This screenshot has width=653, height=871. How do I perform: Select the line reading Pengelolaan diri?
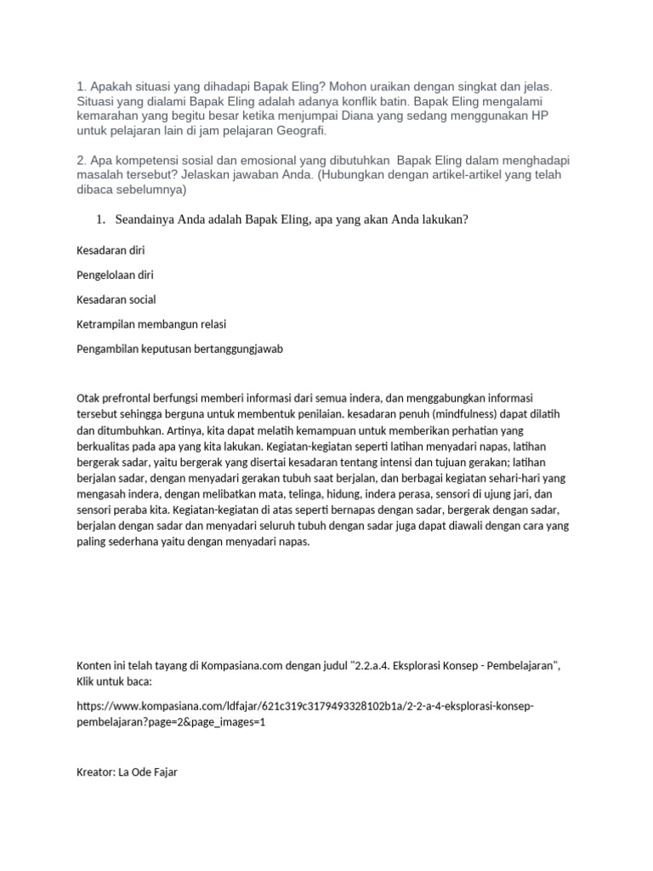[115, 275]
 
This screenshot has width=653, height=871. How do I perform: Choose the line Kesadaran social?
[116, 299]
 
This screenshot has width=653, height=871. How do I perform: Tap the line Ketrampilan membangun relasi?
[151, 324]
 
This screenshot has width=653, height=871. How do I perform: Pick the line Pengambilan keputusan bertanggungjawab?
[179, 349]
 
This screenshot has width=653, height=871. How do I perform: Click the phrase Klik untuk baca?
[113, 681]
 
